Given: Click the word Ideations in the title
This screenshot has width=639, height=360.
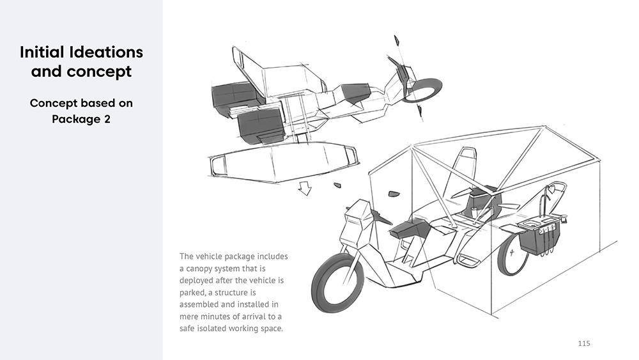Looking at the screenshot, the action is tap(106, 52).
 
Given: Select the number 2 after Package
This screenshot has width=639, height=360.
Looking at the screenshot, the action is tap(107, 119).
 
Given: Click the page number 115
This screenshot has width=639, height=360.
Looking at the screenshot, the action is tap(584, 343).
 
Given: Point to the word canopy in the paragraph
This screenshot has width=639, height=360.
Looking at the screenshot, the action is tap(199, 269).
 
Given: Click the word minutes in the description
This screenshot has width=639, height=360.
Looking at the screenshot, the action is tap(217, 317).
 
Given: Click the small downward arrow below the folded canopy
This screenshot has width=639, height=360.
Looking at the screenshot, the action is tap(305, 189).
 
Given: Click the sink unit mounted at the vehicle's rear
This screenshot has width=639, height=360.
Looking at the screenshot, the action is tap(539, 237).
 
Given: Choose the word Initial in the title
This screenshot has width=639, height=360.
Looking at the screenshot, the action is tap(42, 52).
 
